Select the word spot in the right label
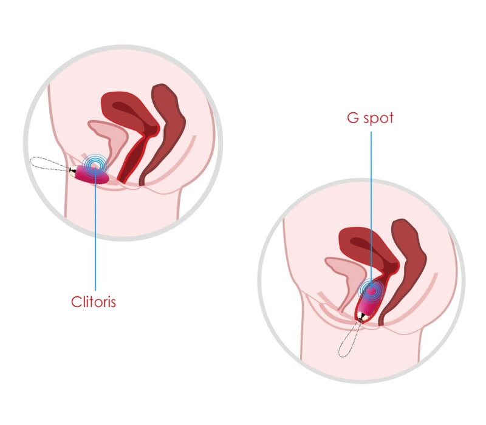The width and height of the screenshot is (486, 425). pyautogui.click(x=379, y=118)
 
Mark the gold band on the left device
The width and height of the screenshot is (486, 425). pyautogui.click(x=74, y=172)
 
